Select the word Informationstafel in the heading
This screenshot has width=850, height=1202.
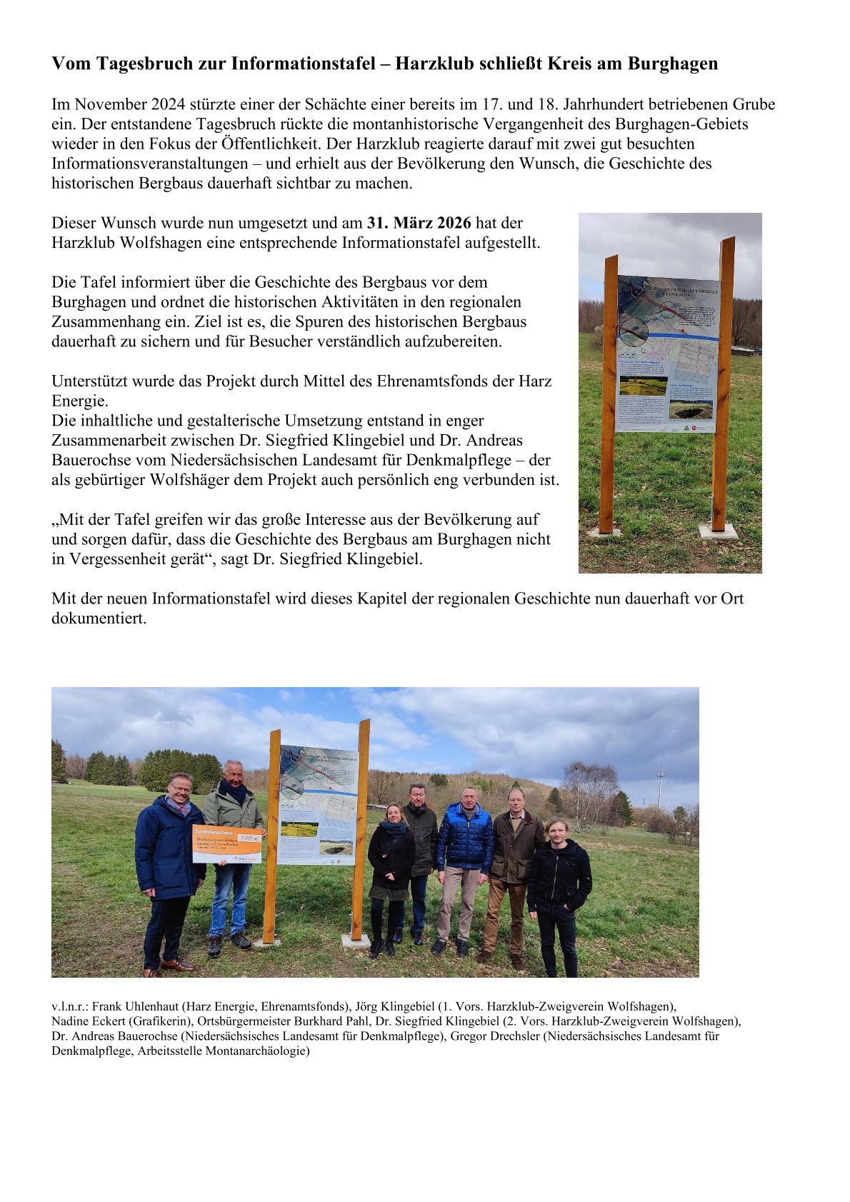303,64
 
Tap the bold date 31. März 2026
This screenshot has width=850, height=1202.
419,223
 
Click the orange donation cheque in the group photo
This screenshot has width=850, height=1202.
227,843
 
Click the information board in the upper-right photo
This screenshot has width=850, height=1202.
667,354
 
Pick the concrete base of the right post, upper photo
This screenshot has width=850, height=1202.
718,531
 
